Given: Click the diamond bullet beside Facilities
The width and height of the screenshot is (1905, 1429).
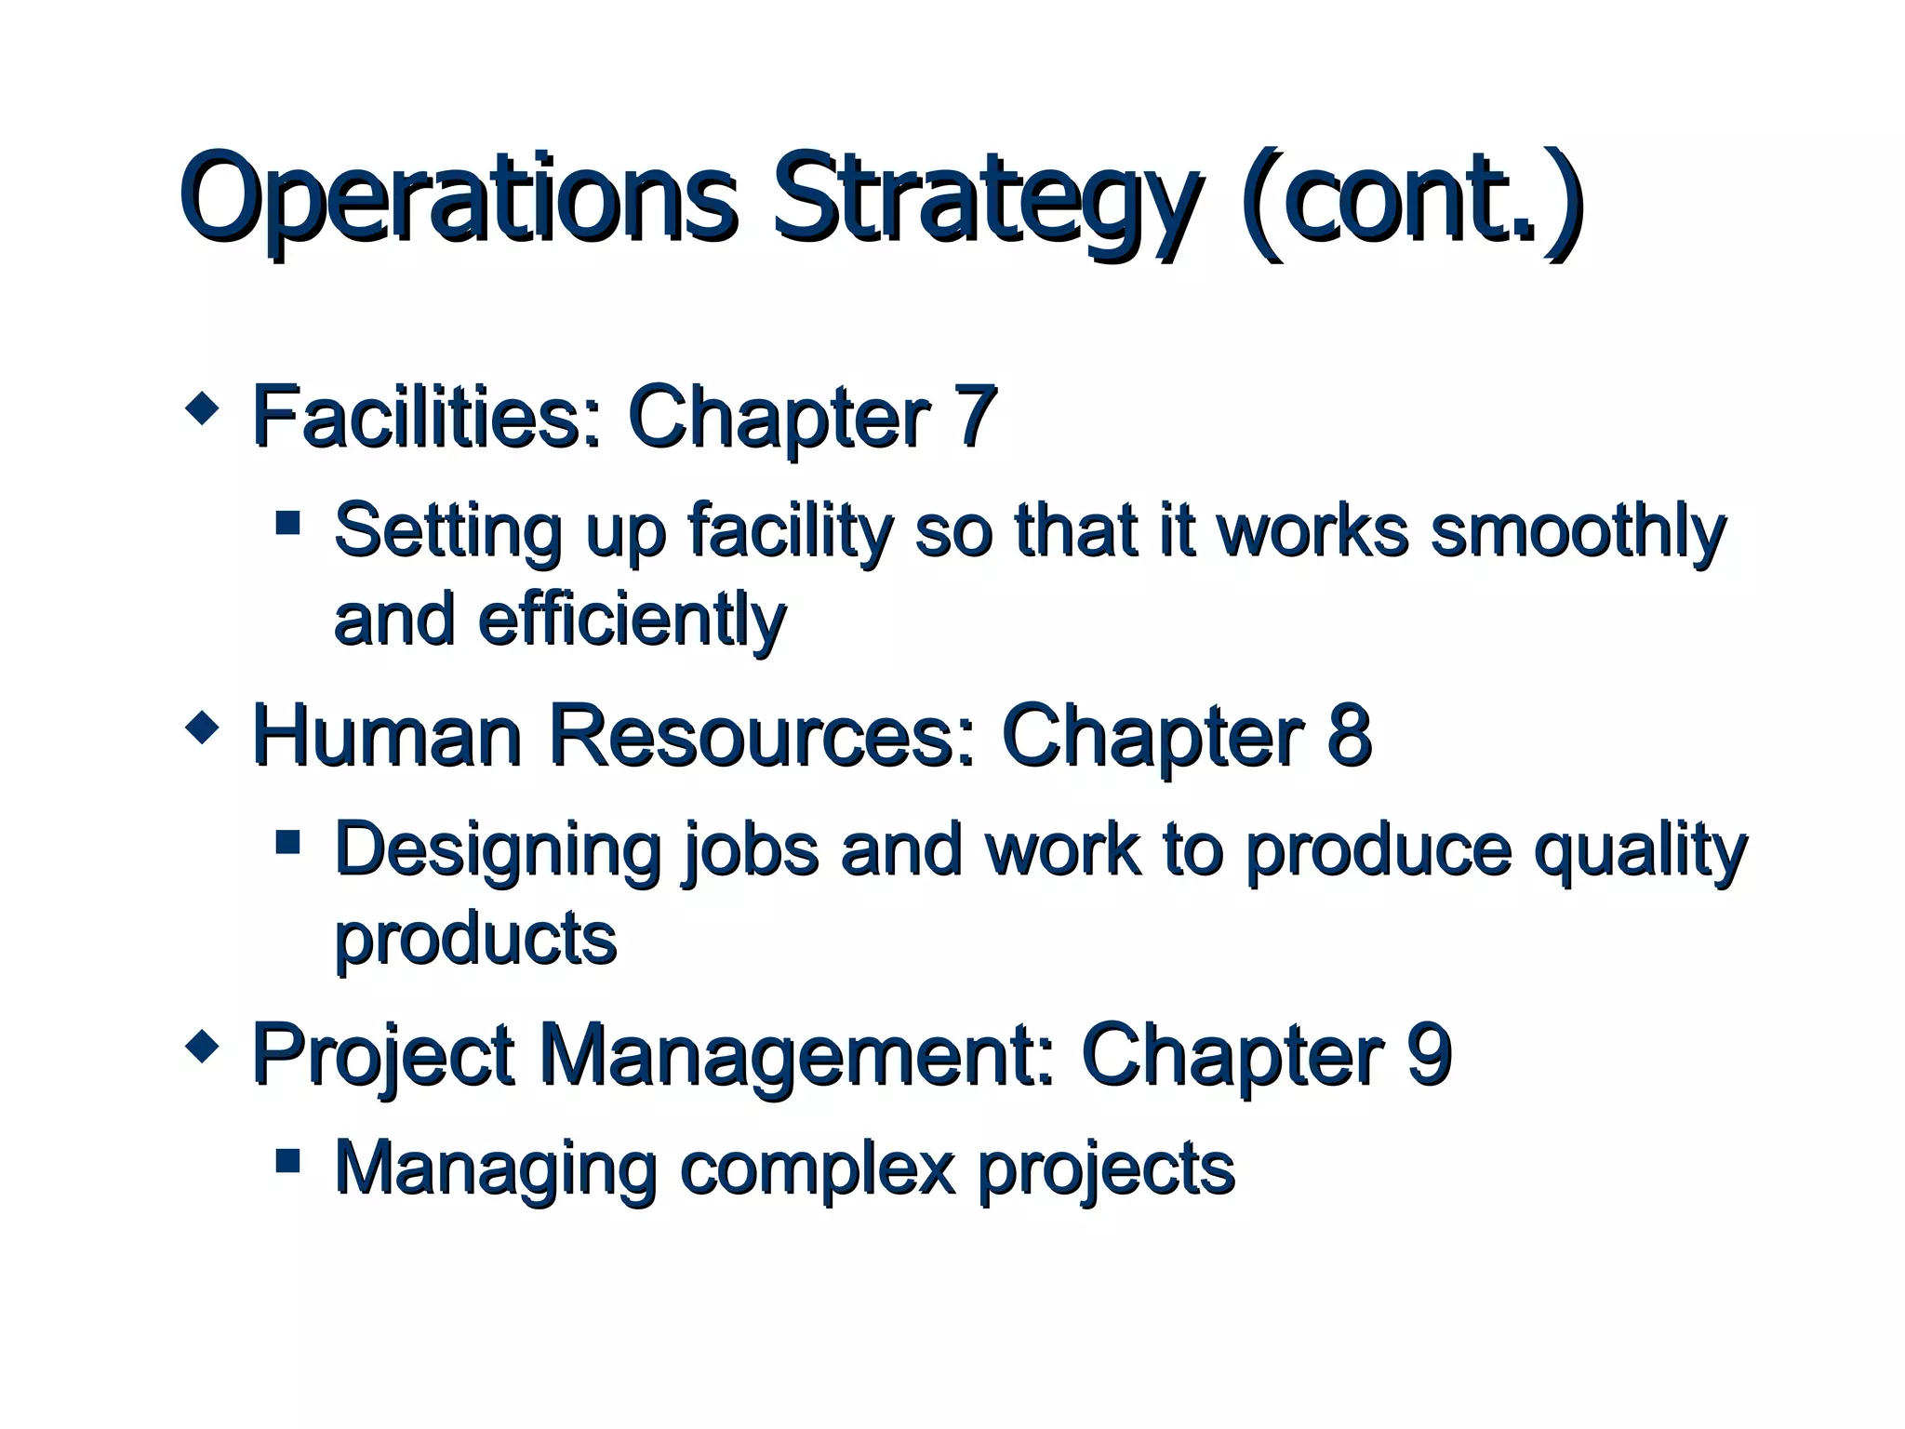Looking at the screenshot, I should point(202,408).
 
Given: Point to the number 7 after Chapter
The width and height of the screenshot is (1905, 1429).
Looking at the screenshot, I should point(974,416).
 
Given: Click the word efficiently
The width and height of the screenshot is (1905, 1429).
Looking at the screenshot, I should point(632,620).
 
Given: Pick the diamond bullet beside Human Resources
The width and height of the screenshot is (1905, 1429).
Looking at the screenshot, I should point(202,728).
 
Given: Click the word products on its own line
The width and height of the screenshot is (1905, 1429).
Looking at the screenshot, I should point(475,939).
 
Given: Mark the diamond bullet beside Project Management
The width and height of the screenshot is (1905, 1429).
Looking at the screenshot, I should point(202,1047).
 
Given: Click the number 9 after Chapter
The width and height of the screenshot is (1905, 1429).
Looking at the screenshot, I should point(1429,1055).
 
